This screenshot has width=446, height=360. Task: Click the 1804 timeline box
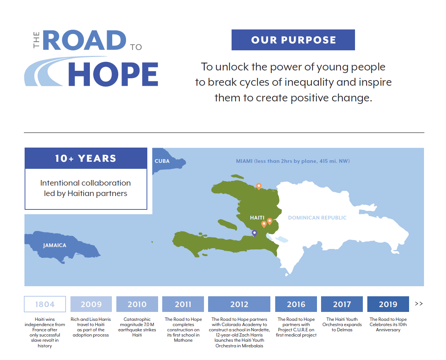[x=45, y=304]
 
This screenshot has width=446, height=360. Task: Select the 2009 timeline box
[x=91, y=304]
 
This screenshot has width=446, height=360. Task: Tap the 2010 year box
[x=137, y=304]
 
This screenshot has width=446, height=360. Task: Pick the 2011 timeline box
[x=183, y=304]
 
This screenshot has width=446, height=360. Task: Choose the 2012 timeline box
[x=239, y=304]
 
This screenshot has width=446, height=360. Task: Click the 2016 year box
[x=296, y=304]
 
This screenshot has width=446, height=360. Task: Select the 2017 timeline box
[x=342, y=304]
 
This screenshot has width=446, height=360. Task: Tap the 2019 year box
[x=388, y=304]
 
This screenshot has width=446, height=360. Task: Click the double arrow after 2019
[x=419, y=304]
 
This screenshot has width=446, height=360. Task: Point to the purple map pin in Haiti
[x=254, y=233]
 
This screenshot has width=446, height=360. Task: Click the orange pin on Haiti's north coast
[x=258, y=186]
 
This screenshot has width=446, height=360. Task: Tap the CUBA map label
[x=162, y=161]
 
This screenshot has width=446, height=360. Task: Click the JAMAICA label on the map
[x=54, y=245]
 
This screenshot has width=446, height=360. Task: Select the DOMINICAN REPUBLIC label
[x=317, y=218]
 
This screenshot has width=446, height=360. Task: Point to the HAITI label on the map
[x=257, y=218]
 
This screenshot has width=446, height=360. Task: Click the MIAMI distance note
[x=293, y=161]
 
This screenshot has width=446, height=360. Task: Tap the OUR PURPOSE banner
[x=293, y=40]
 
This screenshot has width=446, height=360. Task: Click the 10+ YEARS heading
[x=86, y=158]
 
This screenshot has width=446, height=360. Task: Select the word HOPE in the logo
[x=113, y=74]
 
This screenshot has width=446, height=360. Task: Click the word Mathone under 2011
[x=183, y=340]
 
